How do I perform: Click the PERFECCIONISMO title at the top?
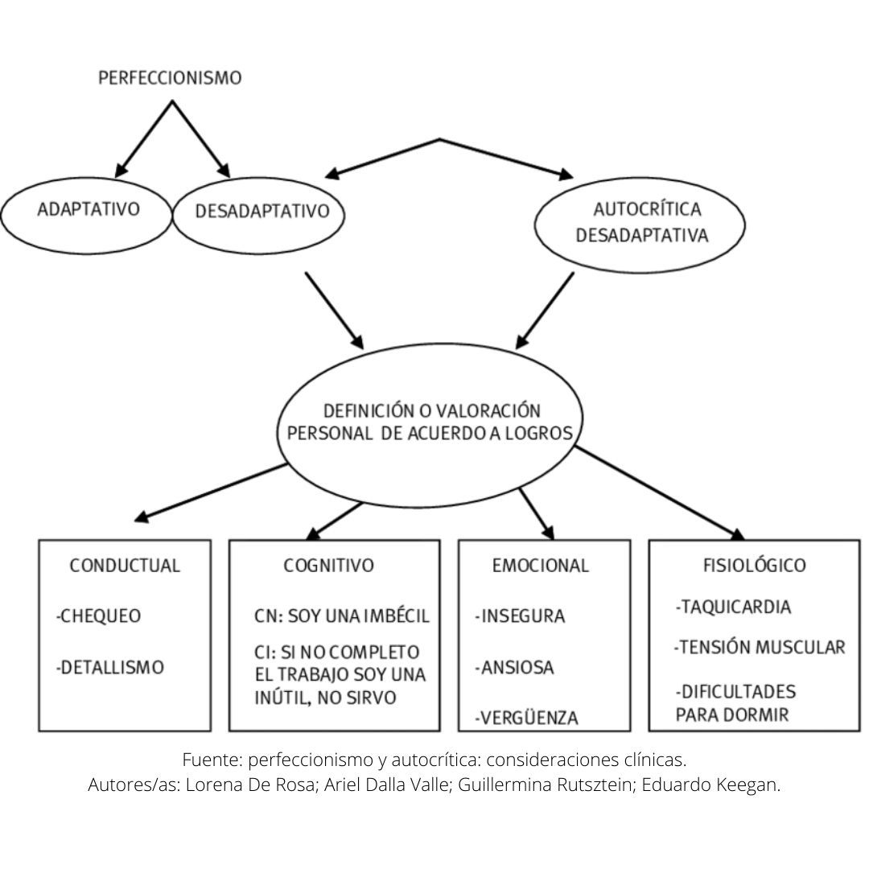[169, 78]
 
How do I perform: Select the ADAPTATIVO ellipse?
[89, 210]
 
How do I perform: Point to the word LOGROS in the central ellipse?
[541, 433]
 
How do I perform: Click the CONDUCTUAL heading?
[125, 566]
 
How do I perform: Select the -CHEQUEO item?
[99, 616]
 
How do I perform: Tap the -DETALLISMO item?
[110, 667]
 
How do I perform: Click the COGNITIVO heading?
[328, 566]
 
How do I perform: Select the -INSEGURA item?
[520, 616]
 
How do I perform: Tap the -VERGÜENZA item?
[526, 718]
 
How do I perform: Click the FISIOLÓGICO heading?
[754, 566]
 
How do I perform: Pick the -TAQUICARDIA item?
[733, 607]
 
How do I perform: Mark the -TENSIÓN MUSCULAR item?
[760, 647]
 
